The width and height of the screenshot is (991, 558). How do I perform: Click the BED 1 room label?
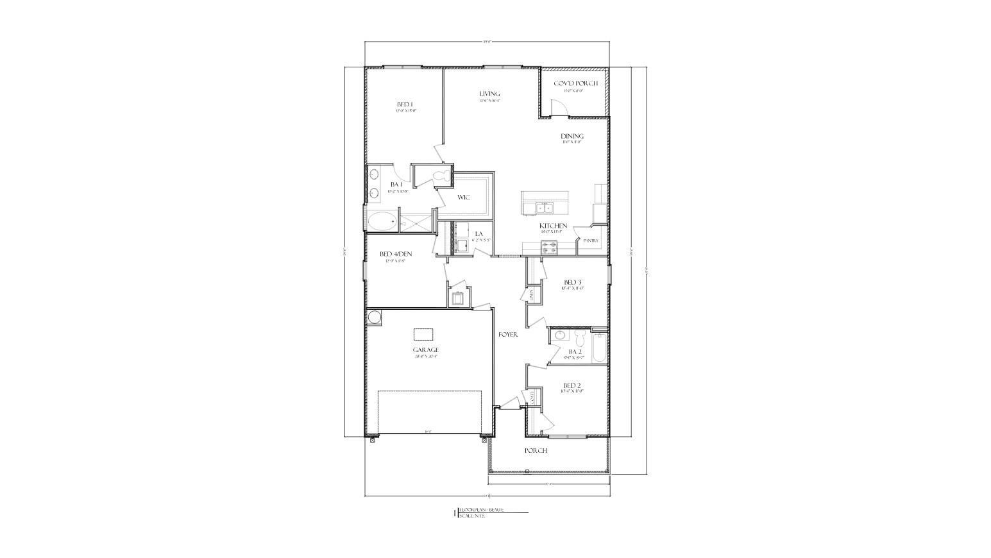click(405, 105)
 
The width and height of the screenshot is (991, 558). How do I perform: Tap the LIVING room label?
click(489, 94)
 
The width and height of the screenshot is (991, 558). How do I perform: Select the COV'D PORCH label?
click(575, 83)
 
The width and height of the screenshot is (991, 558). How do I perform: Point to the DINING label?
click(572, 136)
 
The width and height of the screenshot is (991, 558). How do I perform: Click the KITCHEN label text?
click(553, 226)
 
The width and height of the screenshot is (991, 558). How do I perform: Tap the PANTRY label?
click(591, 241)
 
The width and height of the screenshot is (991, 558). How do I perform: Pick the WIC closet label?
click(464, 197)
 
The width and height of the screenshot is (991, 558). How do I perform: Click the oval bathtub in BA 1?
click(381, 221)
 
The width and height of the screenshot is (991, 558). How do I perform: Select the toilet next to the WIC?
click(440, 175)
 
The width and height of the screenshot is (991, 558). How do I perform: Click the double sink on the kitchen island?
click(545, 207)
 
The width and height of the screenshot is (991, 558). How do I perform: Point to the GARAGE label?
click(425, 350)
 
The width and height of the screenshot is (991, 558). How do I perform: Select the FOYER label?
click(508, 334)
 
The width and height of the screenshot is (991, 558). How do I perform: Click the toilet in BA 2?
click(580, 337)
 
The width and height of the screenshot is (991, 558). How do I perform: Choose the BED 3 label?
click(572, 282)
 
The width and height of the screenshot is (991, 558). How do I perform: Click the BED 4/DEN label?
click(396, 254)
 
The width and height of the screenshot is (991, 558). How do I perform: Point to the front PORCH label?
click(536, 450)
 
